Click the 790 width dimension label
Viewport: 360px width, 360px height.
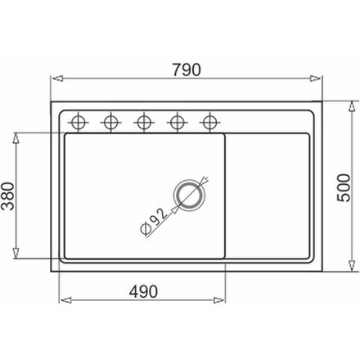(187, 70)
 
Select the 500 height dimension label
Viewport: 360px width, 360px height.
(344, 188)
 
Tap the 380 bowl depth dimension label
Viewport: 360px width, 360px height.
(7, 196)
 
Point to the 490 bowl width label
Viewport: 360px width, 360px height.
(143, 291)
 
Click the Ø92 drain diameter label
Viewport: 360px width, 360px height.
(153, 221)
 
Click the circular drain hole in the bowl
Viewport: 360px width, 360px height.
(189, 195)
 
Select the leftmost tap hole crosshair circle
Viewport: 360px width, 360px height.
(79, 122)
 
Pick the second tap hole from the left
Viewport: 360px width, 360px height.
(110, 122)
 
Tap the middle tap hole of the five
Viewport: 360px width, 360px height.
(144, 122)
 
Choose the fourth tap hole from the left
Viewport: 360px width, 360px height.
(177, 122)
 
